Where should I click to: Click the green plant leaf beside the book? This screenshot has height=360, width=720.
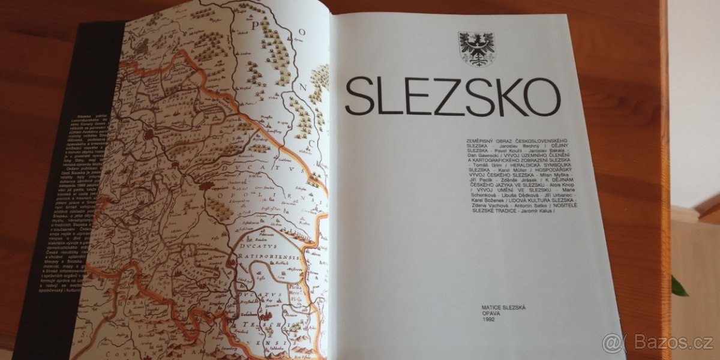(x=678, y=287)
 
